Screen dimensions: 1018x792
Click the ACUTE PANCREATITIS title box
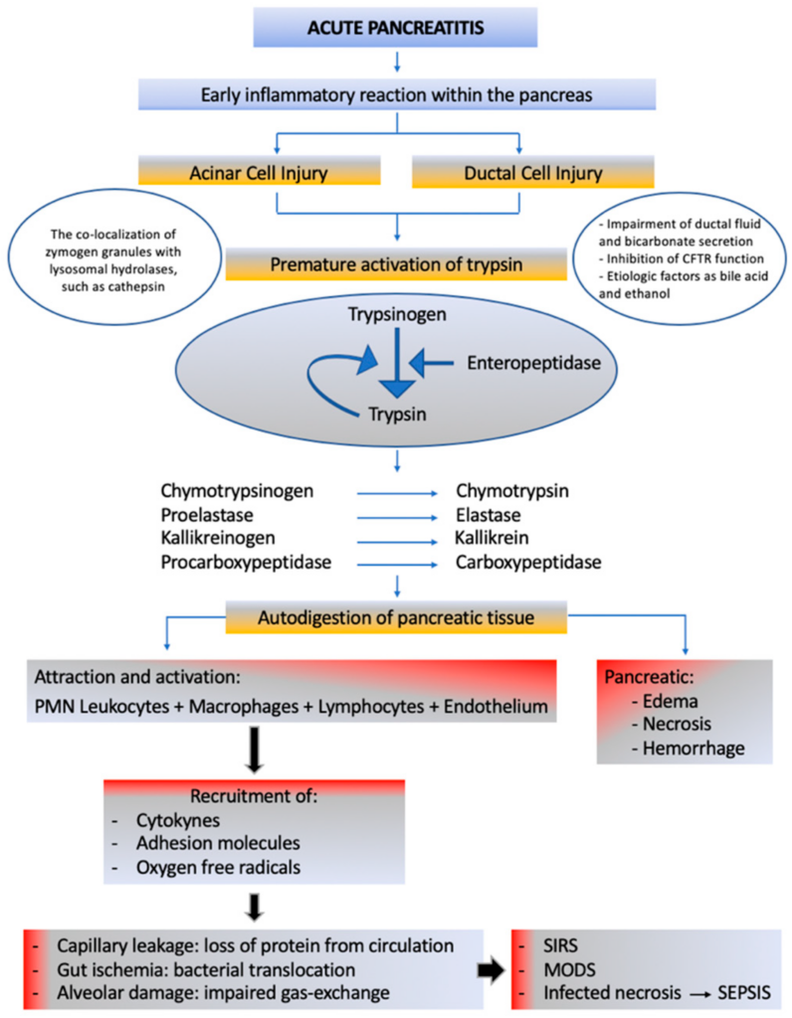click(x=396, y=27)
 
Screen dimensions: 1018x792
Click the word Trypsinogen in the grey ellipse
click(x=394, y=315)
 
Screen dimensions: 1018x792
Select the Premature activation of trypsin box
click(x=396, y=265)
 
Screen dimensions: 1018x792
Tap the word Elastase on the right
click(x=488, y=515)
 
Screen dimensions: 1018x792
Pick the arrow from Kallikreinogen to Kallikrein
click(x=396, y=540)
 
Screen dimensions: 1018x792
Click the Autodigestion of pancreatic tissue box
click(x=396, y=617)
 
